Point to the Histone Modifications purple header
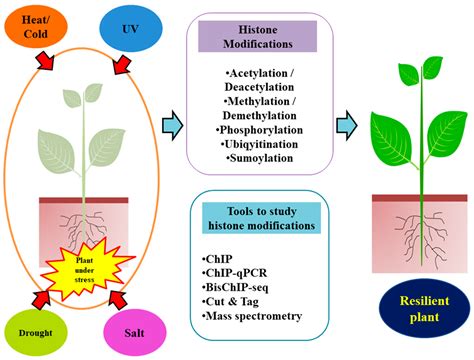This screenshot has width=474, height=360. (259, 35)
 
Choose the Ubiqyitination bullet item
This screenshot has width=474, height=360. (259, 145)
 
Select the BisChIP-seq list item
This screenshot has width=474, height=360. (240, 287)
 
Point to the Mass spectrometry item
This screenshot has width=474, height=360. (254, 316)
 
